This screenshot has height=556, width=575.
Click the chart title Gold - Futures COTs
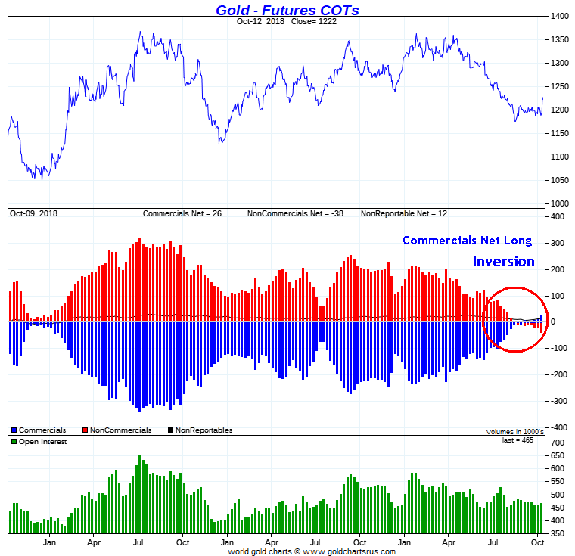pyautogui.click(x=287, y=10)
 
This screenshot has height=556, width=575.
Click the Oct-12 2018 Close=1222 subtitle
pyautogui.click(x=287, y=21)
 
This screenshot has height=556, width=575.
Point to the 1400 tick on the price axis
pyautogui.click(x=561, y=16)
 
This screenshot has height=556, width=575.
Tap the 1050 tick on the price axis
pyautogui.click(x=561, y=180)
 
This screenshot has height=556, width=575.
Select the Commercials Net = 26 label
pyautogui.click(x=182, y=214)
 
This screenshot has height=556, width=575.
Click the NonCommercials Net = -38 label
pyautogui.click(x=295, y=214)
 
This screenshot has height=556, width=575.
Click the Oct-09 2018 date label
pyautogui.click(x=33, y=214)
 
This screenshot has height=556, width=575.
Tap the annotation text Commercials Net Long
pyautogui.click(x=467, y=241)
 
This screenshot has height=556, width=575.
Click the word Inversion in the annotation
pyautogui.click(x=503, y=262)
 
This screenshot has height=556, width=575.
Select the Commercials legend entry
pyautogui.click(x=42, y=430)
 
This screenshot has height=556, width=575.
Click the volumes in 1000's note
pyautogui.click(x=515, y=432)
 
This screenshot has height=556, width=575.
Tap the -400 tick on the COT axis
pyautogui.click(x=558, y=427)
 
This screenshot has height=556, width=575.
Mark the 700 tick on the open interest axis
pyautogui.click(x=558, y=442)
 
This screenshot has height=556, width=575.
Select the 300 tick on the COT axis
pyautogui.click(x=558, y=244)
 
